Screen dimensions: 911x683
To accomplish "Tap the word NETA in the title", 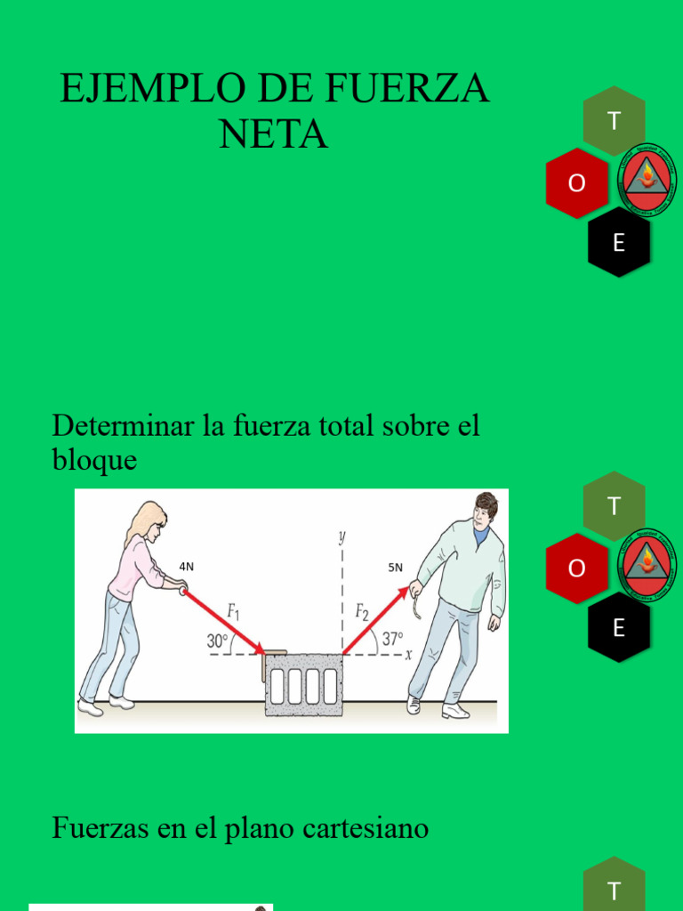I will click(x=273, y=134).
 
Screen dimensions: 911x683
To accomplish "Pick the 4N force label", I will click(x=186, y=566).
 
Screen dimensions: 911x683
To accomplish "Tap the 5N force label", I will click(x=395, y=567).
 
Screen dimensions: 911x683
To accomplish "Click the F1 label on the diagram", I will click(x=234, y=611).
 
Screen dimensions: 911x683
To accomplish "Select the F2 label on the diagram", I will click(x=363, y=611).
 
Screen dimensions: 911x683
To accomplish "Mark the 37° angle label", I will click(x=391, y=638).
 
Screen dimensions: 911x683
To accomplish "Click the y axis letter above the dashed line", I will click(x=341, y=536).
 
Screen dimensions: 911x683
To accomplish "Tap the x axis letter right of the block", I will click(x=408, y=656).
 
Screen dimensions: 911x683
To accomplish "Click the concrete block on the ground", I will click(x=303, y=685).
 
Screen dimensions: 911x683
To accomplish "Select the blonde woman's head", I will click(x=149, y=521).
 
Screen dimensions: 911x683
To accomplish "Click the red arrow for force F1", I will click(x=225, y=622).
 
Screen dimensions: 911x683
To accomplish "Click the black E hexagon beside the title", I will click(x=619, y=242).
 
